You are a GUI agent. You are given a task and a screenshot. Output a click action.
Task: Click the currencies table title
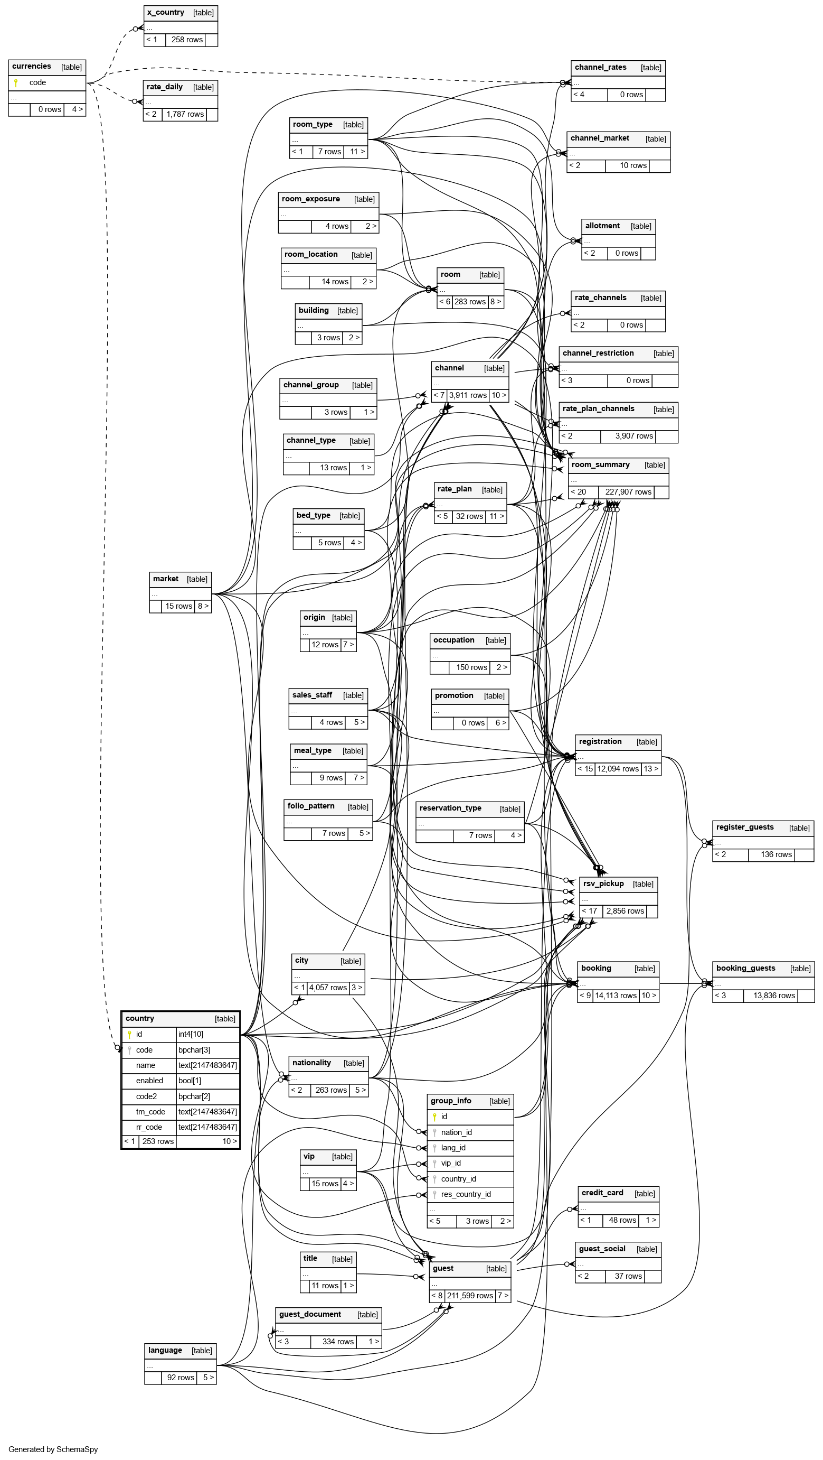pos(32,66)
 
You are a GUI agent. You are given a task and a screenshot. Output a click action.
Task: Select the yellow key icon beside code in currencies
pos(16,83)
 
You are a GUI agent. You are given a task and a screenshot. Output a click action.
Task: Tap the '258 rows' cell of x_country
pos(187,40)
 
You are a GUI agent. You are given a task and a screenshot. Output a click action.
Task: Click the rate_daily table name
pos(164,87)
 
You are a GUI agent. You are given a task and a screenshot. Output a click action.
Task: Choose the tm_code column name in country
pos(150,1111)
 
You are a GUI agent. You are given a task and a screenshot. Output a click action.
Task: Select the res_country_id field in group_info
pos(466,1194)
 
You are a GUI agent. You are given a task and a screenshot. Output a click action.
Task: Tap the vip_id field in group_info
pos(451,1163)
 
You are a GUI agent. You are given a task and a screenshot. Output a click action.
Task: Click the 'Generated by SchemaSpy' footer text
pos(53,1449)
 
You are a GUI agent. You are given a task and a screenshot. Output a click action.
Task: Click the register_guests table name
pos(744,827)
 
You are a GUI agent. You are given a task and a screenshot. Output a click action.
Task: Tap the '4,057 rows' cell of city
pos(328,987)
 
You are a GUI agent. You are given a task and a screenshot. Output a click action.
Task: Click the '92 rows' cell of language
pos(181,1377)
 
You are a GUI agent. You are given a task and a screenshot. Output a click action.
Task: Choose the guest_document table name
pos(310,1314)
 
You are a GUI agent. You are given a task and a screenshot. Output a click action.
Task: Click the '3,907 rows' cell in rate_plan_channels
pos(634,436)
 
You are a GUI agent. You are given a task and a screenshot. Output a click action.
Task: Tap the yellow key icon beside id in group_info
pos(434,1117)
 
